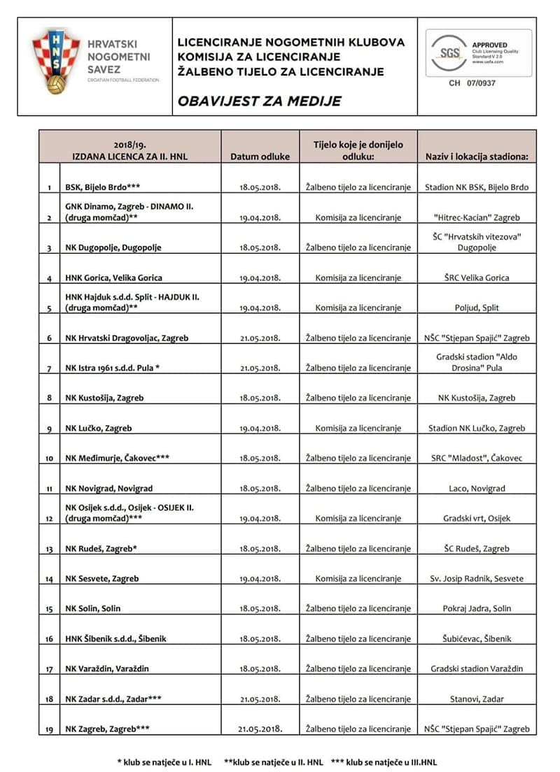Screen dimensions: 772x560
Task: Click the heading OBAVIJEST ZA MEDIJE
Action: coord(259,101)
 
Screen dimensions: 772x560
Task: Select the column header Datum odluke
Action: coord(260,157)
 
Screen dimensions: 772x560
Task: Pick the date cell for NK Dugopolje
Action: coord(260,248)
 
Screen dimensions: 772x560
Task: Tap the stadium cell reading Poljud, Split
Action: coord(477,308)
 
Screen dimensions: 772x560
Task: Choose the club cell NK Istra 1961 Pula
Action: coord(113,368)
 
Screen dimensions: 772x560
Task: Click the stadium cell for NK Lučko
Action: coord(477,428)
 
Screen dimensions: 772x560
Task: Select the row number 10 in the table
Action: coord(49,459)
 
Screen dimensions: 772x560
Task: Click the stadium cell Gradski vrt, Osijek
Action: coord(477,519)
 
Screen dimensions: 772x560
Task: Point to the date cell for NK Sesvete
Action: coord(260,579)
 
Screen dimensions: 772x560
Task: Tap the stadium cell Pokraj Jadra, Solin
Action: coord(477,609)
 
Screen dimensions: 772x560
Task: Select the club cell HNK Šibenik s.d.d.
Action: coord(115,639)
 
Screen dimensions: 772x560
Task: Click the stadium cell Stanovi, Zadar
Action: coord(477,699)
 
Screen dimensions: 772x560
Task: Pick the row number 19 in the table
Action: coord(49,729)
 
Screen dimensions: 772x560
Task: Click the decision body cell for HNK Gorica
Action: coord(358,278)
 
